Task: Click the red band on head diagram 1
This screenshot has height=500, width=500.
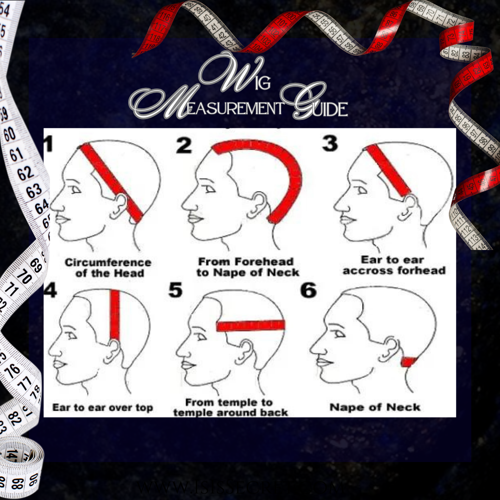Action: click(112, 181)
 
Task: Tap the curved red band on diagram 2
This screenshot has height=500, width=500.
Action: click(289, 176)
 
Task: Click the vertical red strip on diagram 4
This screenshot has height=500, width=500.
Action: click(115, 315)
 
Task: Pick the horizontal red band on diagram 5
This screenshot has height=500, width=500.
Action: click(250, 325)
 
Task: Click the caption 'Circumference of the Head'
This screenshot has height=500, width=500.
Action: click(108, 268)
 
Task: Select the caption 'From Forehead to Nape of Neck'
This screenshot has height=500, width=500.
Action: click(247, 267)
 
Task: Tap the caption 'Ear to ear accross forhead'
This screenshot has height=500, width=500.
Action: click(394, 265)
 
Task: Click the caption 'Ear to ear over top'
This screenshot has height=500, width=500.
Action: click(102, 408)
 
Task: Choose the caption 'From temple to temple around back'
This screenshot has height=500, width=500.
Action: click(230, 407)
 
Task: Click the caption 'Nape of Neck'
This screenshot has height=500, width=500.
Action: click(375, 407)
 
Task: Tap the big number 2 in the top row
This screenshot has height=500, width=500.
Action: click(184, 145)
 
